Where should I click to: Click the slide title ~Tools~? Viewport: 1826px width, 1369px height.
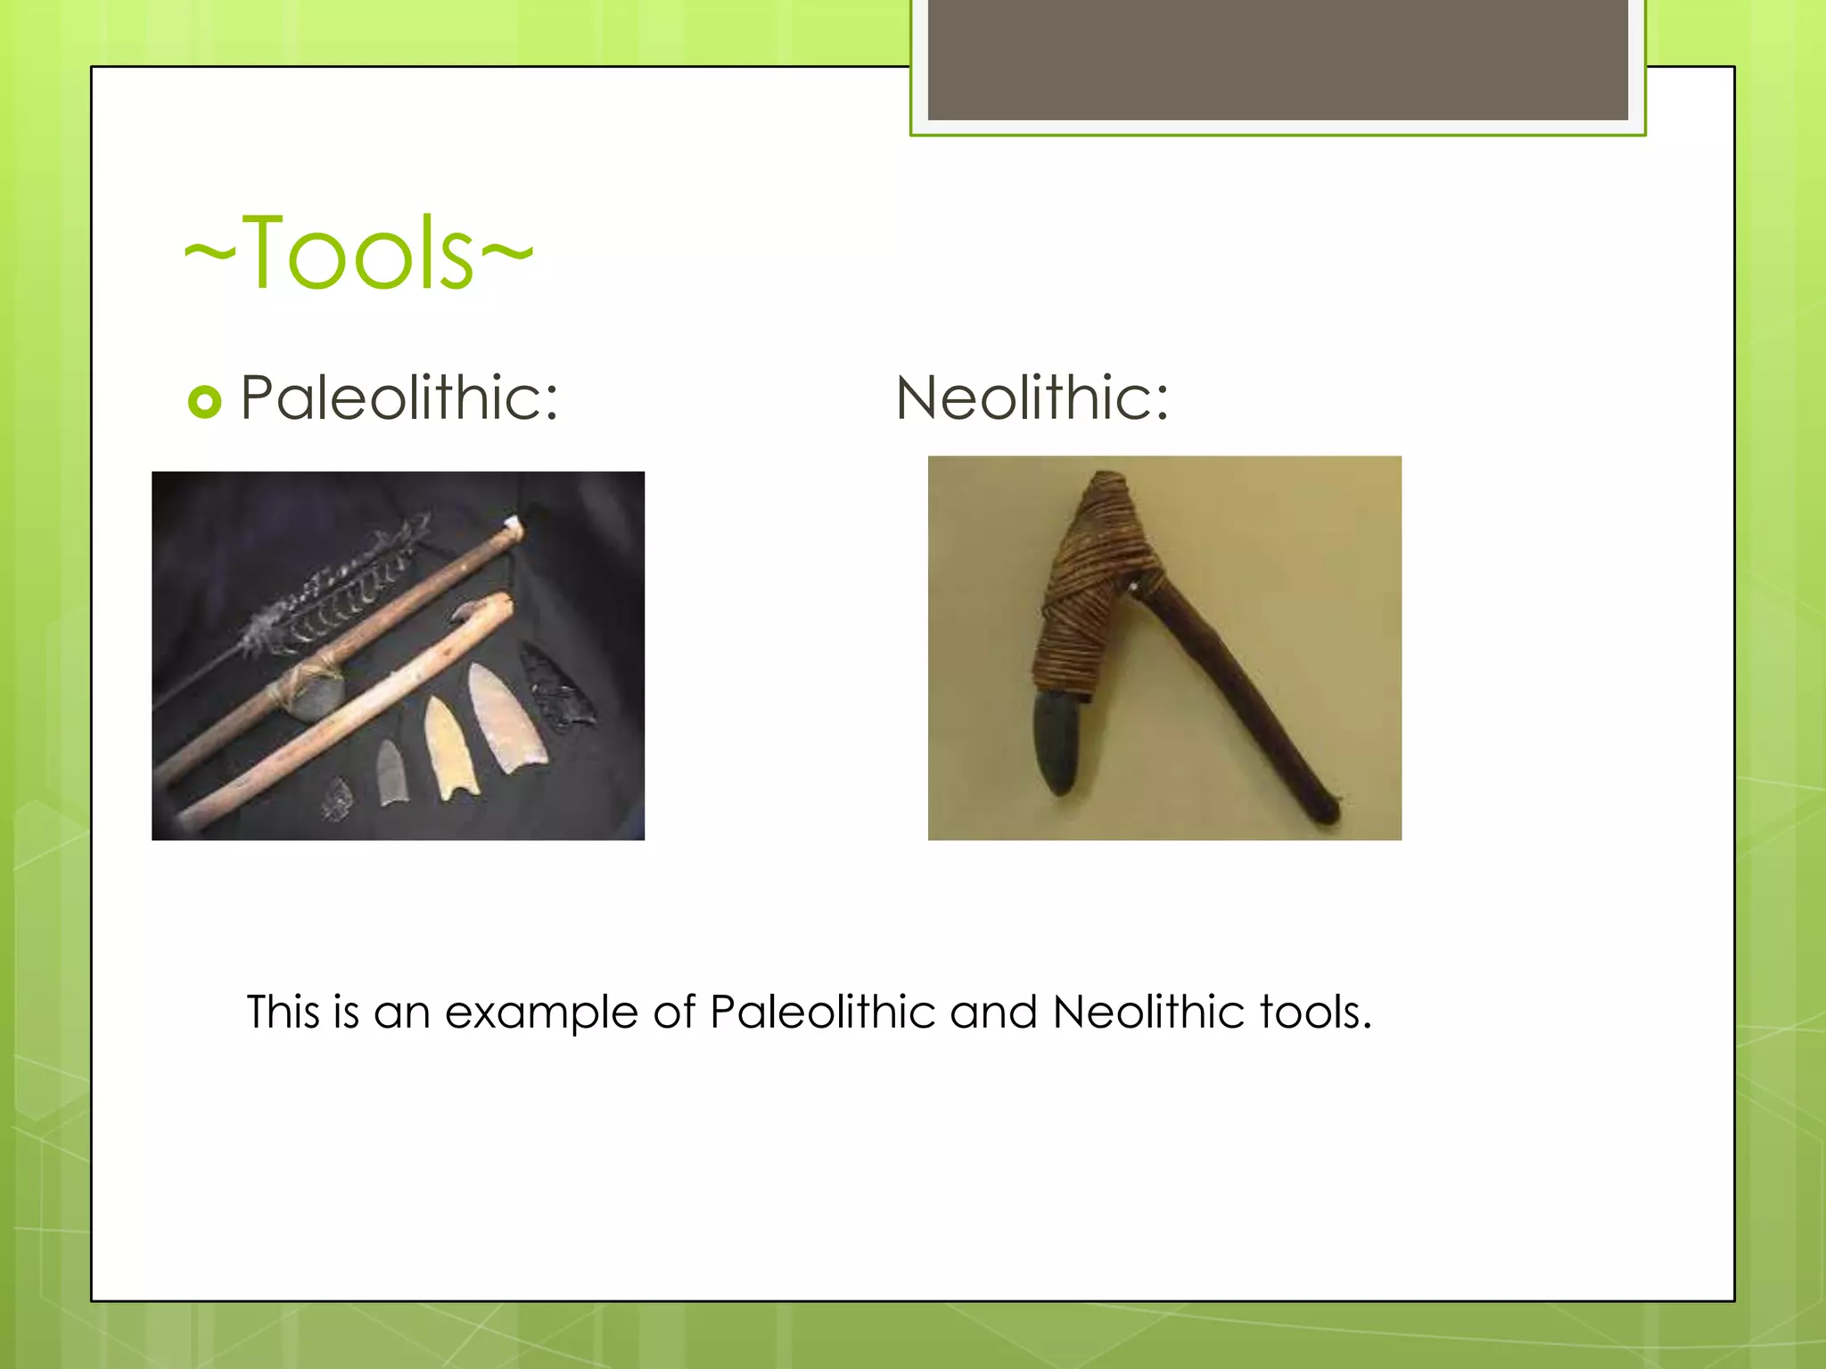coord(358,253)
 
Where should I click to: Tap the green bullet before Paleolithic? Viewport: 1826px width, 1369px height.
coord(204,401)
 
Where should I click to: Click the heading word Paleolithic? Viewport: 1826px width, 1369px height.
coord(399,398)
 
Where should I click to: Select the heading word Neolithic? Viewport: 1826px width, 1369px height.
coord(1032,398)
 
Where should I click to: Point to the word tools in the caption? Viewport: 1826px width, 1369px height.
coord(1314,1012)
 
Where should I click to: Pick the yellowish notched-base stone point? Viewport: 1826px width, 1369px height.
coord(450,749)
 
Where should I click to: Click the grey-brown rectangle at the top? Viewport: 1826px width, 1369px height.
coord(1277,59)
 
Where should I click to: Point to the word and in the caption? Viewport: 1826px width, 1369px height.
coord(993,1012)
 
